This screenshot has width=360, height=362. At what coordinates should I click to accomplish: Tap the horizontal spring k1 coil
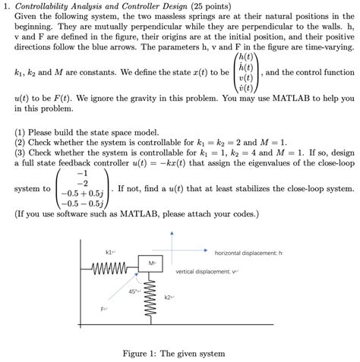point(112,266)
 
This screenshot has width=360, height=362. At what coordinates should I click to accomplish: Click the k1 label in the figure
point(111,251)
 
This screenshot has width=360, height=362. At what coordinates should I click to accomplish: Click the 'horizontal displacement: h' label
point(248,252)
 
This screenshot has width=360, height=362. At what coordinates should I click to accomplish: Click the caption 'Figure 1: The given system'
point(179,354)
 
